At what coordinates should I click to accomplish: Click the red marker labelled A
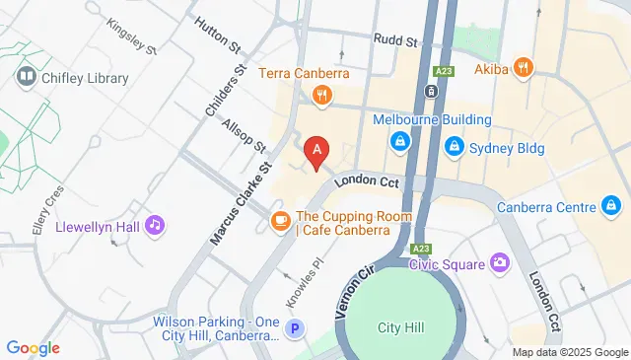[x=316, y=152]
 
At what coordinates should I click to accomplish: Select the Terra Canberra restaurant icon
[x=320, y=96]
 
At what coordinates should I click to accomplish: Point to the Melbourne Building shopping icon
[x=400, y=143]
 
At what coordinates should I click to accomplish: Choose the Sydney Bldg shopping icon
[x=455, y=147]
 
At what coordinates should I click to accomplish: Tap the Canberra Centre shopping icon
[x=611, y=207]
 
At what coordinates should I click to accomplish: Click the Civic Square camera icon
[x=500, y=263]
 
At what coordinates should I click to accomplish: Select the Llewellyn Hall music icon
[x=154, y=226]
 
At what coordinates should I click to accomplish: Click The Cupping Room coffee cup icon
[x=280, y=219]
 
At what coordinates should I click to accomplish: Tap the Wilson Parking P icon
[x=293, y=329]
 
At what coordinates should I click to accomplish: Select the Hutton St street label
[x=218, y=33]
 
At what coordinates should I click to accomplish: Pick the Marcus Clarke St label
[x=234, y=204]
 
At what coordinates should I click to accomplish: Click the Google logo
[x=33, y=348]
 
